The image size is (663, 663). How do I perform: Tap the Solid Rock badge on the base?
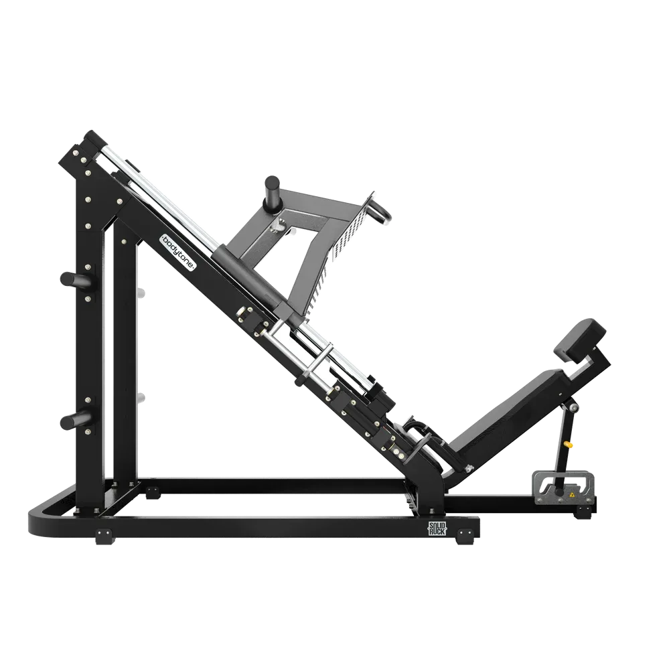tap(437, 528)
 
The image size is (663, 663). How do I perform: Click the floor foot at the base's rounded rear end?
tap(104, 536)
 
